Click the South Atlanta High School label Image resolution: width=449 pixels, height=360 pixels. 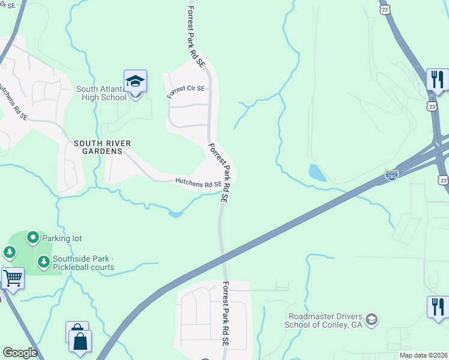(101, 93)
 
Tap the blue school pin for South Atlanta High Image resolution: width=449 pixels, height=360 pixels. (135, 82)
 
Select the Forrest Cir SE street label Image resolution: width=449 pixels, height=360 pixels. (185, 88)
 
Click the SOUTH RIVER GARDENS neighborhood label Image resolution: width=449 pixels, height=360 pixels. (102, 143)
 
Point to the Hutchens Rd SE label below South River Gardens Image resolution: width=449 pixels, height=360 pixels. (198, 182)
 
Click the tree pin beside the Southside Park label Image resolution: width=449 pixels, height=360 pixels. (43, 262)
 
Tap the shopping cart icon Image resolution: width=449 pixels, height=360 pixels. (13, 278)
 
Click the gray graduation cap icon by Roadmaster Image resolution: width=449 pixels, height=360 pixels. (372, 318)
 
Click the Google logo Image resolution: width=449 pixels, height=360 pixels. (20, 353)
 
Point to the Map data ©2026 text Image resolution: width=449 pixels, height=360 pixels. (423, 355)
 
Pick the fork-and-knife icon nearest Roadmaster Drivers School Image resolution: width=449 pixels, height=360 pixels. (438, 307)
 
